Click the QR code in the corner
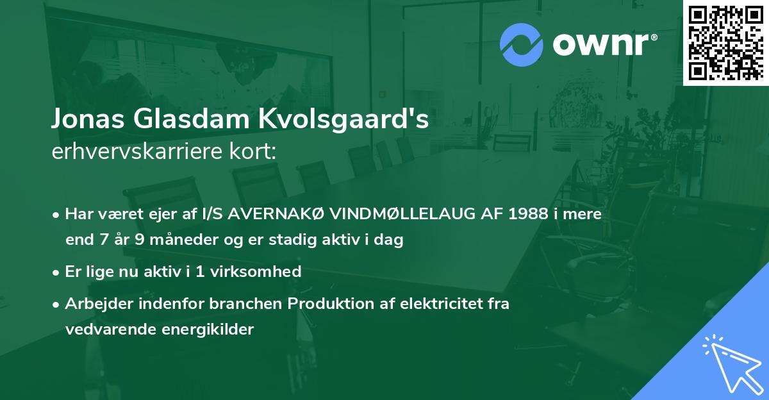pos(725,42)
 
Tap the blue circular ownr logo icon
pos(521,44)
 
